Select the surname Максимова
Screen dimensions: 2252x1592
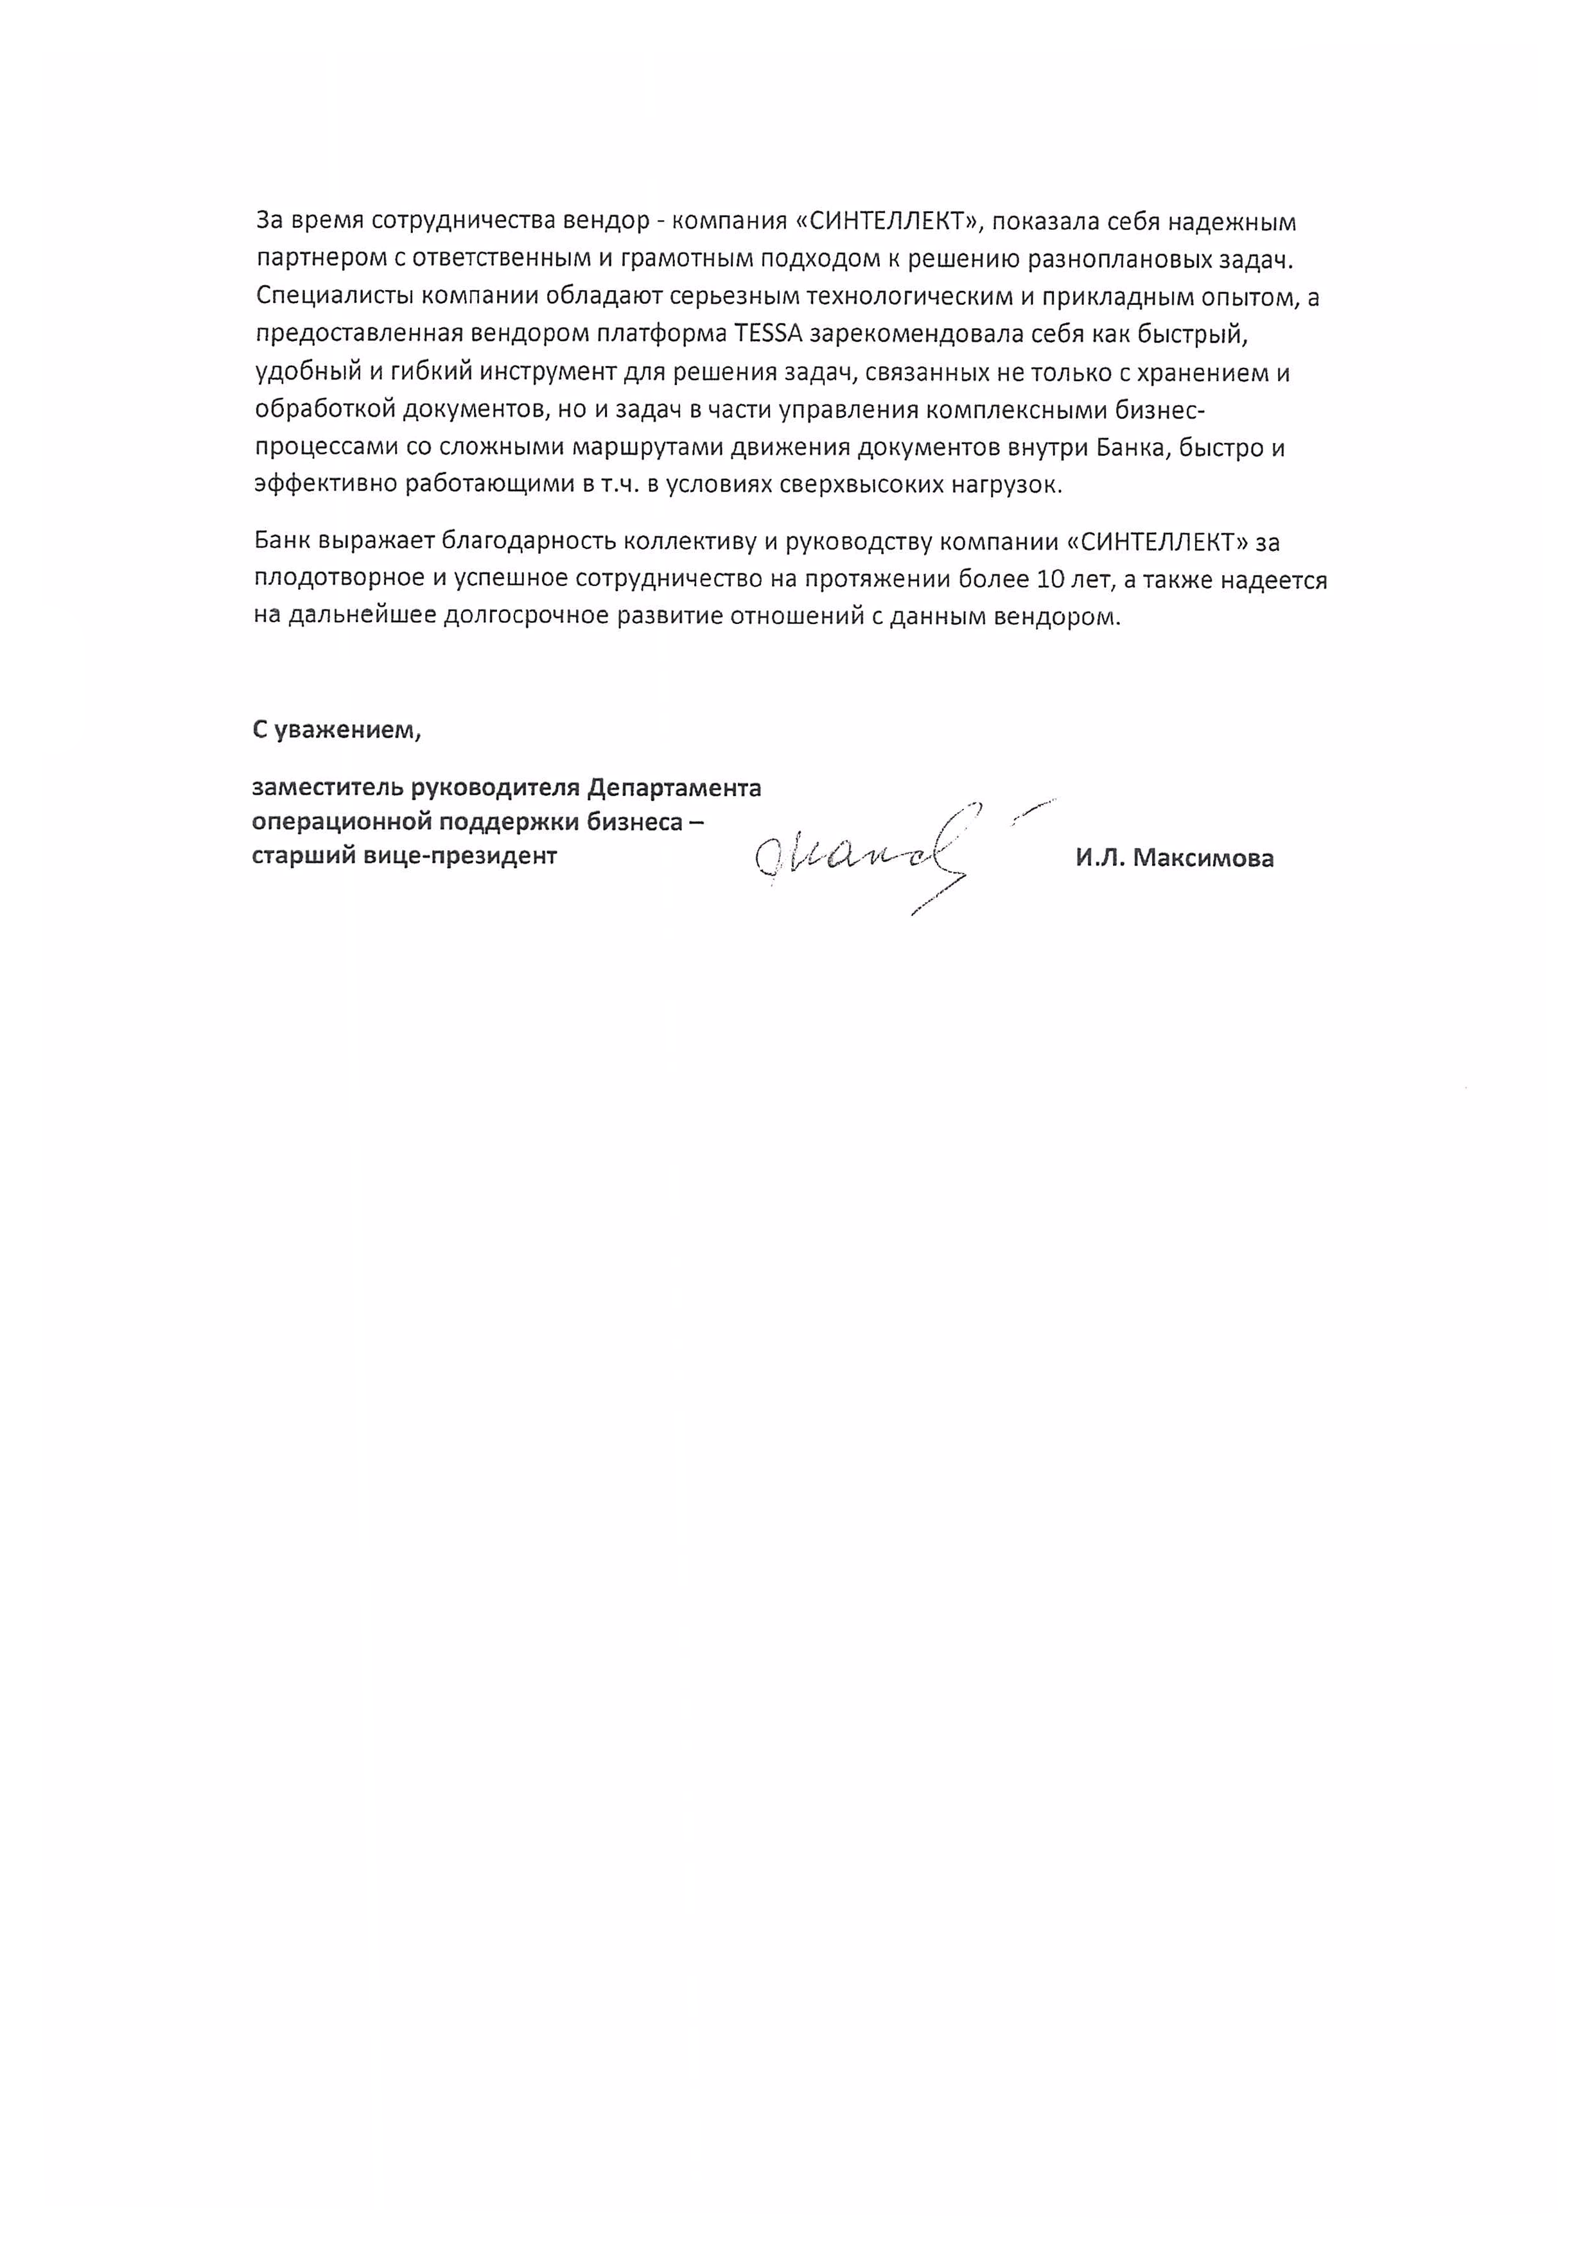pos(1203,858)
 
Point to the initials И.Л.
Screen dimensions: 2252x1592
pos(1099,858)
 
